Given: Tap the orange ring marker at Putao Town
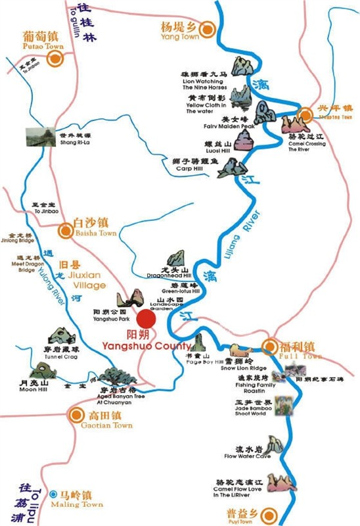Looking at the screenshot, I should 55,57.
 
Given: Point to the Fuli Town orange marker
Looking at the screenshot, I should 270,347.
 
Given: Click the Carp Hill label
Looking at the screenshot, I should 191,168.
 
